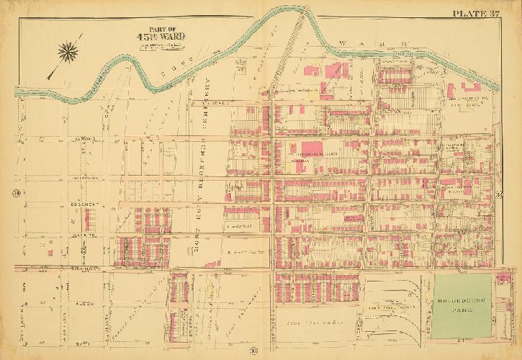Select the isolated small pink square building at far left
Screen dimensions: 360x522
(50, 251)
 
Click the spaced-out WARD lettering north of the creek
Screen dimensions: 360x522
(374, 45)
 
